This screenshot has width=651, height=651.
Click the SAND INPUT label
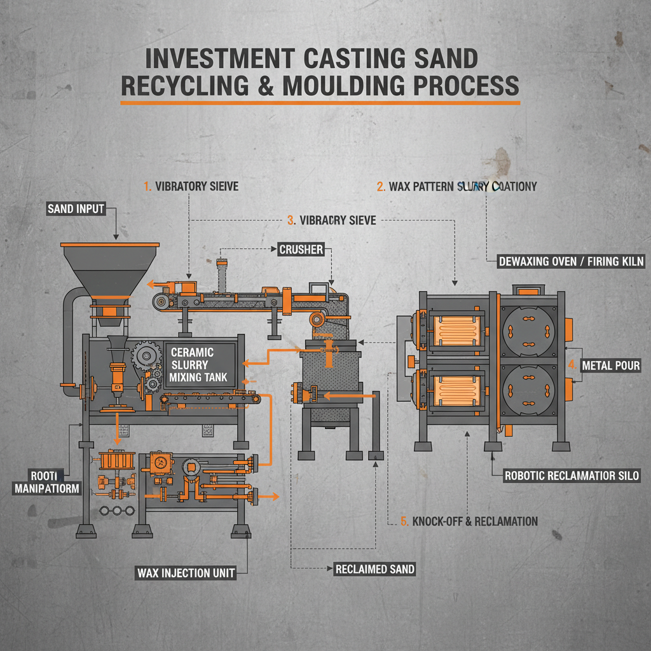point(76,209)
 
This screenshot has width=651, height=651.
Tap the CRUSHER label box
point(301,250)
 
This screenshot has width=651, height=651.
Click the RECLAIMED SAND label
point(374,569)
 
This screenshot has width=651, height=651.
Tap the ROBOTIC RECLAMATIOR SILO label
point(572,475)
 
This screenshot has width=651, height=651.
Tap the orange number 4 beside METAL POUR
point(572,366)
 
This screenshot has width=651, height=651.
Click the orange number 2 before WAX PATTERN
point(380,186)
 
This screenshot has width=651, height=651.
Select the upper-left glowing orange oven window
point(455,329)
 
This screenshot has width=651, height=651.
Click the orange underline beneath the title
point(320,103)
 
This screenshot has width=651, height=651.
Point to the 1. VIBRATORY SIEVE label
point(191,186)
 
